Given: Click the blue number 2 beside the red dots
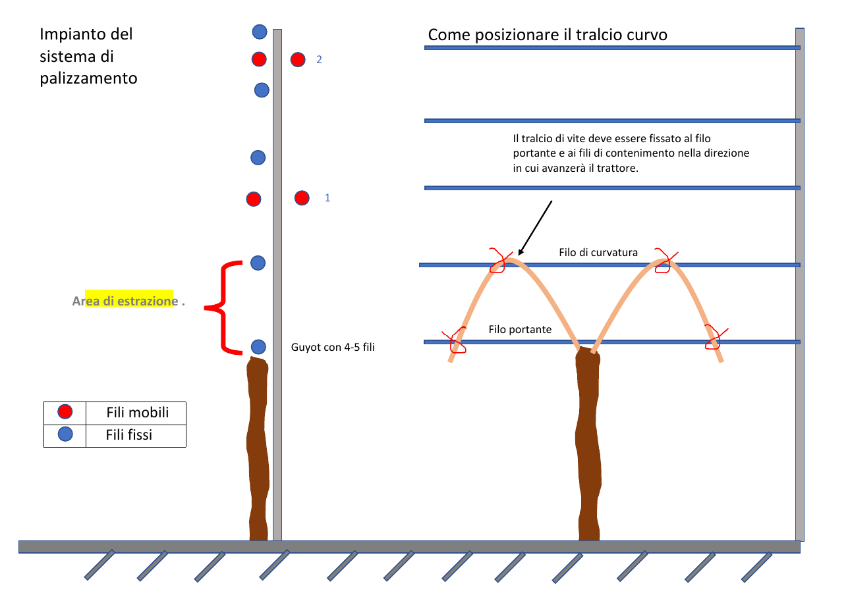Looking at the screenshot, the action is pyautogui.click(x=319, y=60).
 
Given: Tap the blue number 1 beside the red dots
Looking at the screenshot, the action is pyautogui.click(x=327, y=197).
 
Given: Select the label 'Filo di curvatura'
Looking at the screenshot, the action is pyautogui.click(x=598, y=252).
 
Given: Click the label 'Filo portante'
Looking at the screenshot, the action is pyautogui.click(x=520, y=329).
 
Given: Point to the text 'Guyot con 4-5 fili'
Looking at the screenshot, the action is pyautogui.click(x=333, y=347).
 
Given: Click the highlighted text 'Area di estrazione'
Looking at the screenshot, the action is pyautogui.click(x=125, y=301).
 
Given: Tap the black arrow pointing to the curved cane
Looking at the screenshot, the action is pyautogui.click(x=535, y=228).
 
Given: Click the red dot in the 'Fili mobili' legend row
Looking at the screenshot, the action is pyautogui.click(x=65, y=412).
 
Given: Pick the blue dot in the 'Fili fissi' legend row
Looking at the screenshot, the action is pyautogui.click(x=65, y=434).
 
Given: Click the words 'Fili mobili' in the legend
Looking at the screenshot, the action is pyautogui.click(x=138, y=412).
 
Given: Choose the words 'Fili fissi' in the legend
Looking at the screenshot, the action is pyautogui.click(x=128, y=435).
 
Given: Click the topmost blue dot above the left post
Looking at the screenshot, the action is pyautogui.click(x=260, y=32).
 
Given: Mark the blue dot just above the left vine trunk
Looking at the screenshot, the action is pyautogui.click(x=258, y=347).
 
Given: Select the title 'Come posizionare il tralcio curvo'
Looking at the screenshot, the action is pyautogui.click(x=548, y=35).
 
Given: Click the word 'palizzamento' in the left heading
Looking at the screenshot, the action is pyautogui.click(x=88, y=78).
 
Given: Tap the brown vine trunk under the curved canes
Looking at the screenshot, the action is pyautogui.click(x=588, y=444).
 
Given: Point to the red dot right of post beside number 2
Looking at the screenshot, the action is pyautogui.click(x=298, y=60).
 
